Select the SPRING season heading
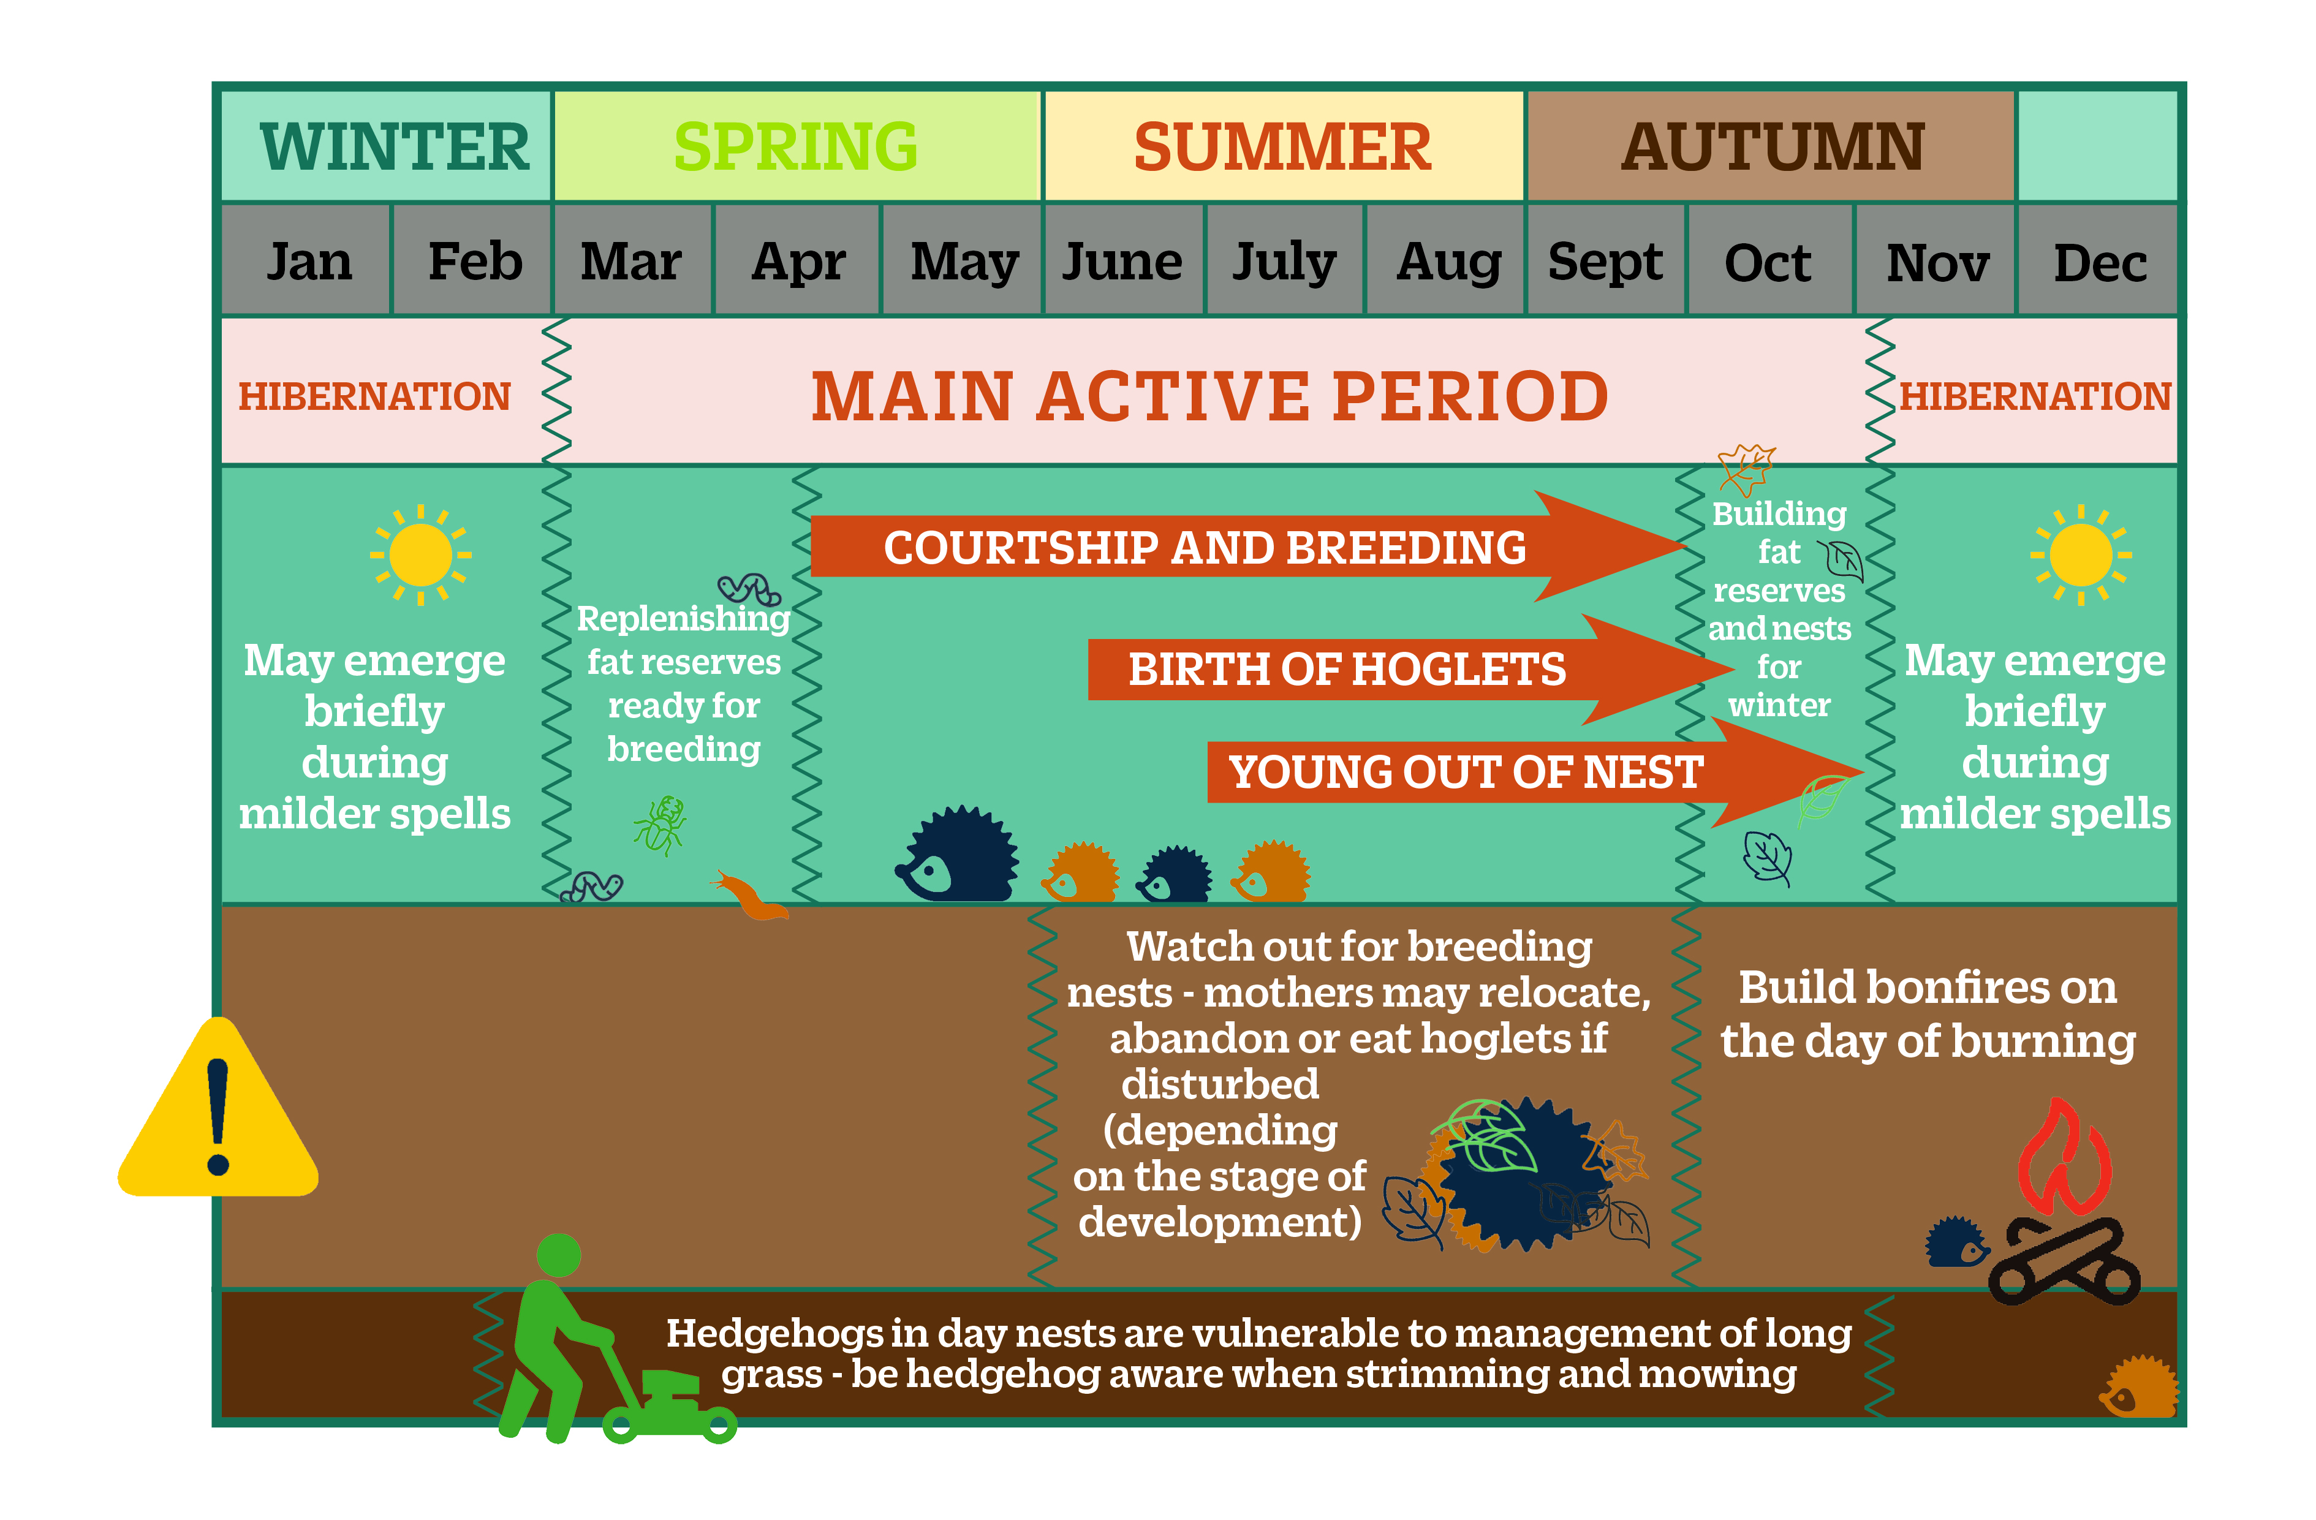coord(796,147)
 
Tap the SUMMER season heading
coord(1282,147)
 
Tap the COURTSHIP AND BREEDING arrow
coord(1247,546)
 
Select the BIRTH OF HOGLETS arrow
coord(1411,670)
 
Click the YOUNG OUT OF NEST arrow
coord(1535,773)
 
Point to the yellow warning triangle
coord(218,1108)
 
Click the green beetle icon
coord(660,825)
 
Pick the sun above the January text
coord(420,554)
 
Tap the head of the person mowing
coord(559,1255)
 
